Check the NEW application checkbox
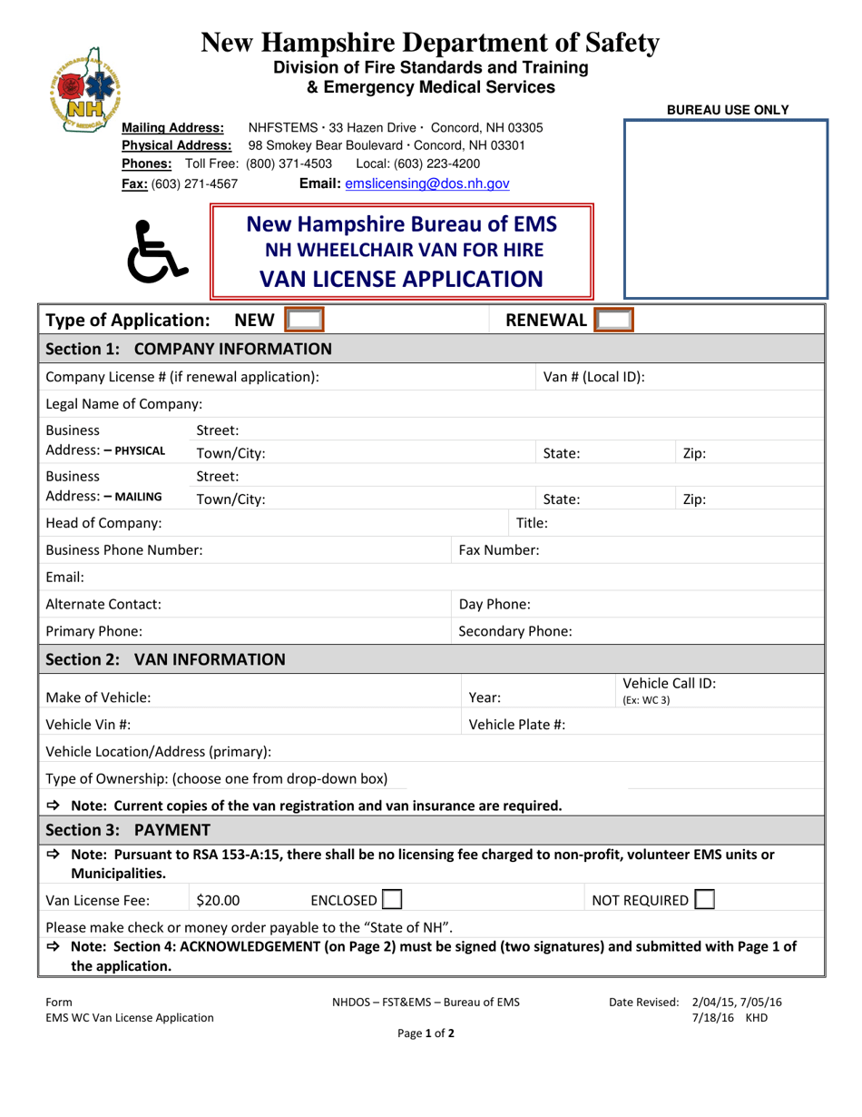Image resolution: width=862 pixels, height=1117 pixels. [304, 320]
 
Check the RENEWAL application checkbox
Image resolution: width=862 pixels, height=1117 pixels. [616, 320]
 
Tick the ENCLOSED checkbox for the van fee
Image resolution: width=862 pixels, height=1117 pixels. [392, 900]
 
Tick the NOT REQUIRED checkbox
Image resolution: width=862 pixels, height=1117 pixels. [704, 900]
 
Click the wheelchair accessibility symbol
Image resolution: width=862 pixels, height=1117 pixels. [160, 251]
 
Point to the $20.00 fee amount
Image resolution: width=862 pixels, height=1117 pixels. [219, 900]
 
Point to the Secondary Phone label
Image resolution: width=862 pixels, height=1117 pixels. [514, 630]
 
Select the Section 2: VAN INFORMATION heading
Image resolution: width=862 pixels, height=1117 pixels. [165, 658]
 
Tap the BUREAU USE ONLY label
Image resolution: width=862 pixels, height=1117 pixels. [728, 110]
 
